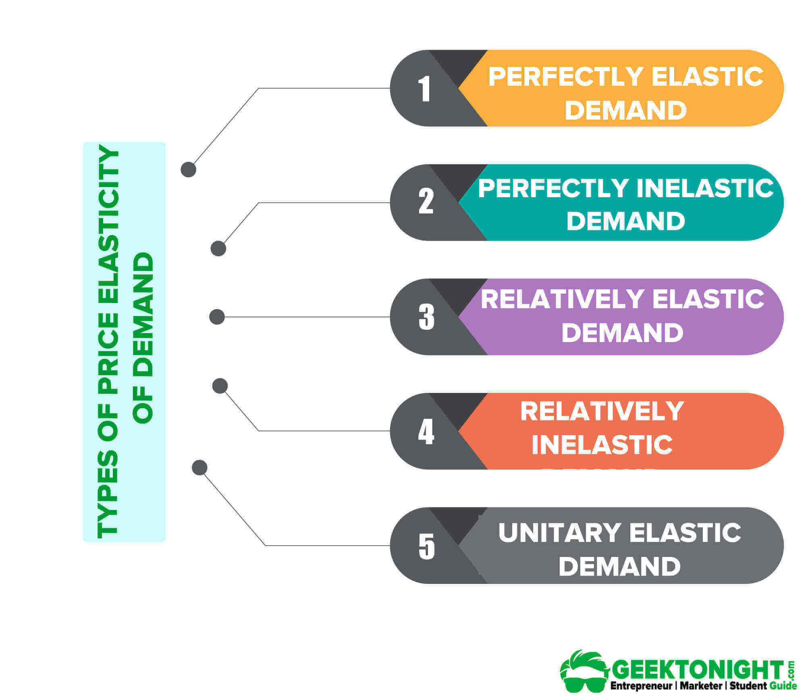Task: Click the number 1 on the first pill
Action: pyautogui.click(x=425, y=88)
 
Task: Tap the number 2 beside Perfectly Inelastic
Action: pyautogui.click(x=426, y=201)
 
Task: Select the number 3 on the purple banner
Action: pyautogui.click(x=426, y=316)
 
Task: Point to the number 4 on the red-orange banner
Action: pyautogui.click(x=426, y=431)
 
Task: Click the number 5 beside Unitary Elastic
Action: pyautogui.click(x=426, y=546)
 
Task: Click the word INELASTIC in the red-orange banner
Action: pyautogui.click(x=602, y=445)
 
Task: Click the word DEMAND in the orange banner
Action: pyautogui.click(x=625, y=110)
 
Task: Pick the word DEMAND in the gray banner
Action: pyautogui.click(x=619, y=566)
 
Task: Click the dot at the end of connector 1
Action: pyautogui.click(x=188, y=170)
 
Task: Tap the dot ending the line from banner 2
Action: pyautogui.click(x=218, y=249)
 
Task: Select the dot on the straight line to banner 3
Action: pyautogui.click(x=217, y=317)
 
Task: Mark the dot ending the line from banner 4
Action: pyautogui.click(x=220, y=386)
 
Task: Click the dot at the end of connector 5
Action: pyautogui.click(x=199, y=468)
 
